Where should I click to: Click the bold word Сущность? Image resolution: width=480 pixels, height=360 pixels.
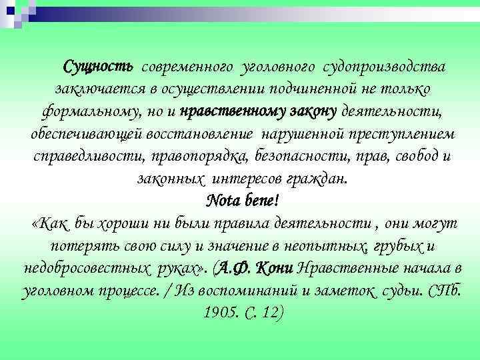[x=99, y=67]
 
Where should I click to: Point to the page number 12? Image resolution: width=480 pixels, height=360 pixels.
[x=269, y=312]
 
